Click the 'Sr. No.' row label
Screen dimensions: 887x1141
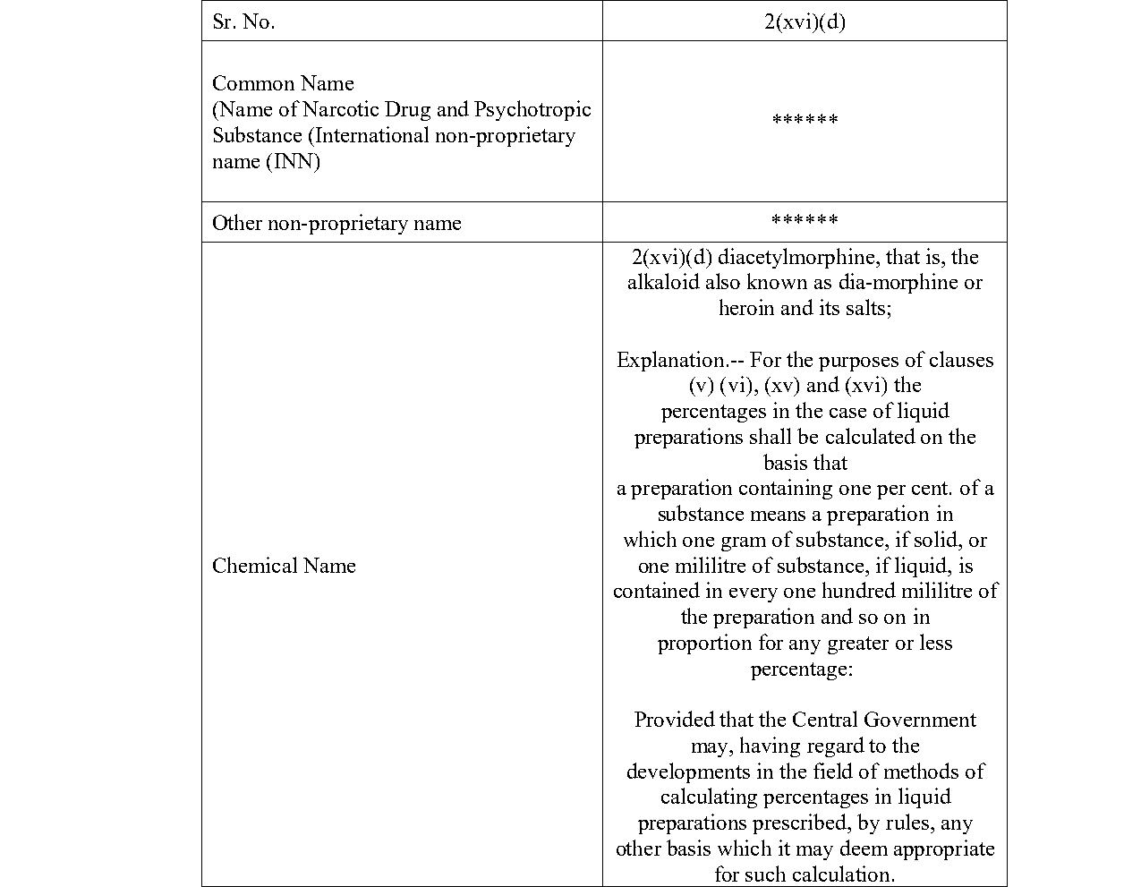(x=243, y=22)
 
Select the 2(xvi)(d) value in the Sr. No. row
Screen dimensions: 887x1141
(x=805, y=22)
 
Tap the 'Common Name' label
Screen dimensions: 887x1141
(x=283, y=83)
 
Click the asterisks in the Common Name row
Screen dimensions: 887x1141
(x=805, y=120)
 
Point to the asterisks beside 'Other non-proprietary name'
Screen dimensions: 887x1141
(x=805, y=220)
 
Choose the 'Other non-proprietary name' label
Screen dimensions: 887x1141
(x=336, y=223)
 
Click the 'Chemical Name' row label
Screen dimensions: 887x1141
(x=284, y=566)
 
